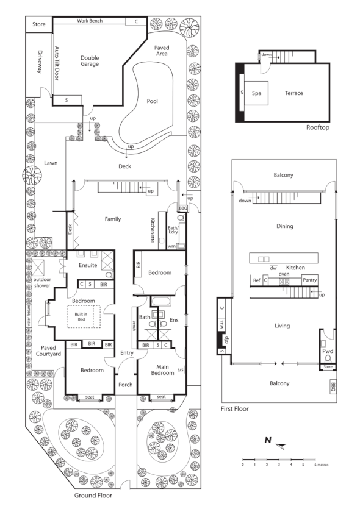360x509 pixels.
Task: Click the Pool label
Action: click(152, 101)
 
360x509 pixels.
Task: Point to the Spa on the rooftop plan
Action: click(257, 93)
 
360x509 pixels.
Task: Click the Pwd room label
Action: click(327, 351)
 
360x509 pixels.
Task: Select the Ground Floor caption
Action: click(93, 496)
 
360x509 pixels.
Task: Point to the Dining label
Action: click(284, 226)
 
